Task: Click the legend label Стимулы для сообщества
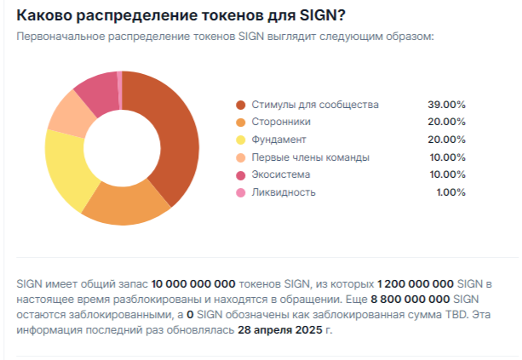tap(314, 105)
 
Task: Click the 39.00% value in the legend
tap(447, 105)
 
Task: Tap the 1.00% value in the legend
tap(450, 192)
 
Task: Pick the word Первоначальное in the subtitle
tap(62, 37)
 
